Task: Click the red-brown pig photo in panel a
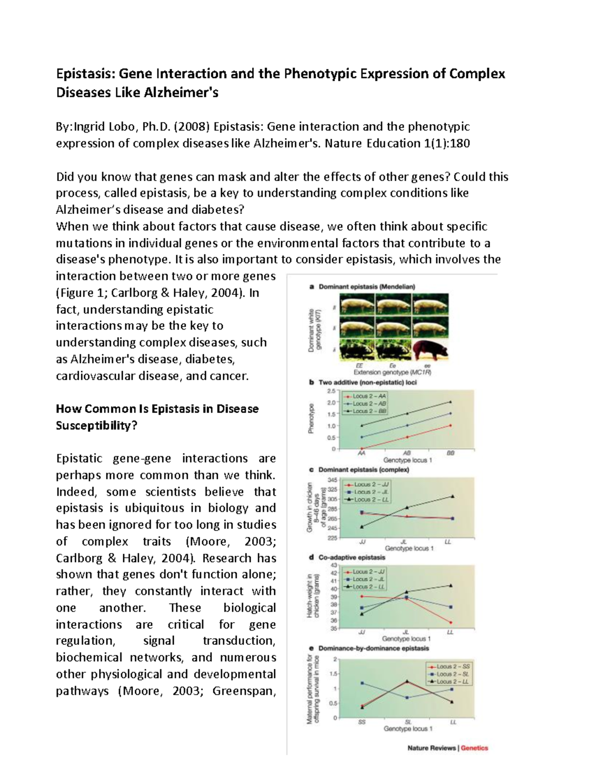tap(431, 351)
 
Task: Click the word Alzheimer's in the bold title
tap(181, 93)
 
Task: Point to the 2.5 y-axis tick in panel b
tap(331, 391)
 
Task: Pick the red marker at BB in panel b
tap(450, 426)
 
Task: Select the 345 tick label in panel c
tap(332, 480)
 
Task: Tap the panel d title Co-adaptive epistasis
tap(351, 557)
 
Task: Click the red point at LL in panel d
tap(450, 623)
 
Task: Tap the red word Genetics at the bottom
tap(474, 748)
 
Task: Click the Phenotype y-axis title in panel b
tap(311, 419)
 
